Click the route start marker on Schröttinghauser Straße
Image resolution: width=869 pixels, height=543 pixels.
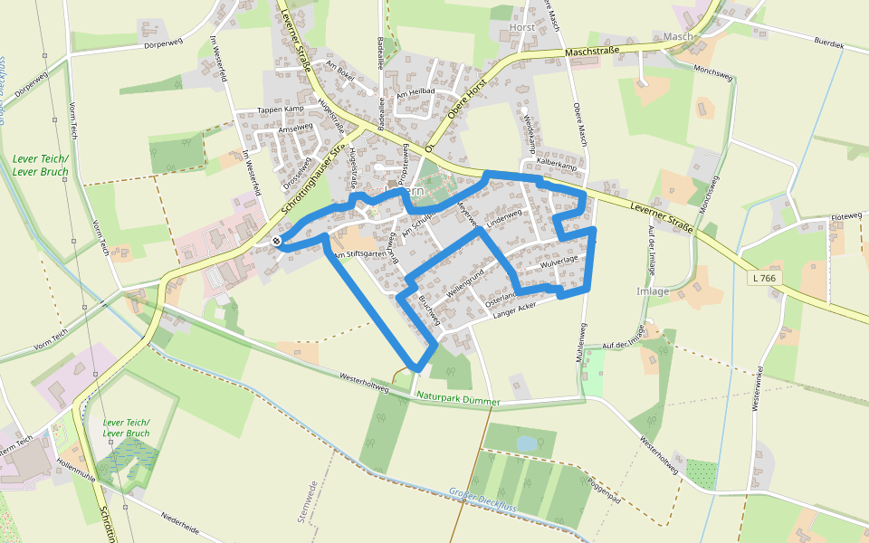click(276, 241)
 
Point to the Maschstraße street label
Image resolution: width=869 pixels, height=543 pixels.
click(592, 52)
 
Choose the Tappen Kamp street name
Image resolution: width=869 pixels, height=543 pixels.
click(281, 110)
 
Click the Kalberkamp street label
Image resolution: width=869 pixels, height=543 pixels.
click(557, 166)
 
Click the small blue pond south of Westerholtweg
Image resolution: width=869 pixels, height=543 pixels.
click(526, 443)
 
